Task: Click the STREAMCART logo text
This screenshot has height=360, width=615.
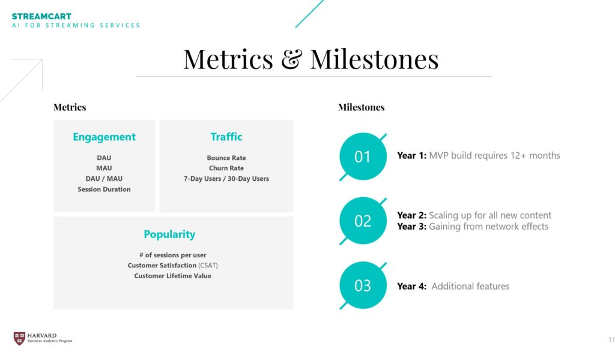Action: click(x=41, y=16)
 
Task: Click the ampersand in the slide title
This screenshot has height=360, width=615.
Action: click(x=291, y=59)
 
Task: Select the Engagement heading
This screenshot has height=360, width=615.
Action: click(x=104, y=137)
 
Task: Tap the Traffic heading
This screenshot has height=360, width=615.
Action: click(x=226, y=136)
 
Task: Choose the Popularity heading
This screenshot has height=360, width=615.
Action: click(x=169, y=234)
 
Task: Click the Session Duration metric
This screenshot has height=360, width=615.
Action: click(x=104, y=189)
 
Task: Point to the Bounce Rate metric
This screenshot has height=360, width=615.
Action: click(x=226, y=158)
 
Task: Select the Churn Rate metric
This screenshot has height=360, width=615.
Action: click(x=226, y=168)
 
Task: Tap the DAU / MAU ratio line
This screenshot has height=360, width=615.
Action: click(x=104, y=178)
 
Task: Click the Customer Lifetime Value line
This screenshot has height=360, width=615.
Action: click(x=172, y=276)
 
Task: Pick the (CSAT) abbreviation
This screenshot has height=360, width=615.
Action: click(x=208, y=266)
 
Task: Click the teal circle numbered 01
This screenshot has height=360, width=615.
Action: click(x=363, y=157)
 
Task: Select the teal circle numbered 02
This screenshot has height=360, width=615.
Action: click(x=363, y=221)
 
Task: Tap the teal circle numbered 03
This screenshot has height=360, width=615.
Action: click(x=363, y=285)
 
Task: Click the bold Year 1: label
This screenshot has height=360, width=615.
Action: click(x=411, y=156)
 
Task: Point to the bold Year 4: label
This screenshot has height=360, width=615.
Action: click(x=411, y=286)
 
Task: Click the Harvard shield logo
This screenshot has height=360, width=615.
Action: click(x=19, y=338)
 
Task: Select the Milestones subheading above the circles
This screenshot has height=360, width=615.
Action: click(x=361, y=107)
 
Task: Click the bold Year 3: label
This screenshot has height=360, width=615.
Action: click(x=411, y=227)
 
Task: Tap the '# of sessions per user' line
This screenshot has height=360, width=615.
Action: click(x=172, y=255)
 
